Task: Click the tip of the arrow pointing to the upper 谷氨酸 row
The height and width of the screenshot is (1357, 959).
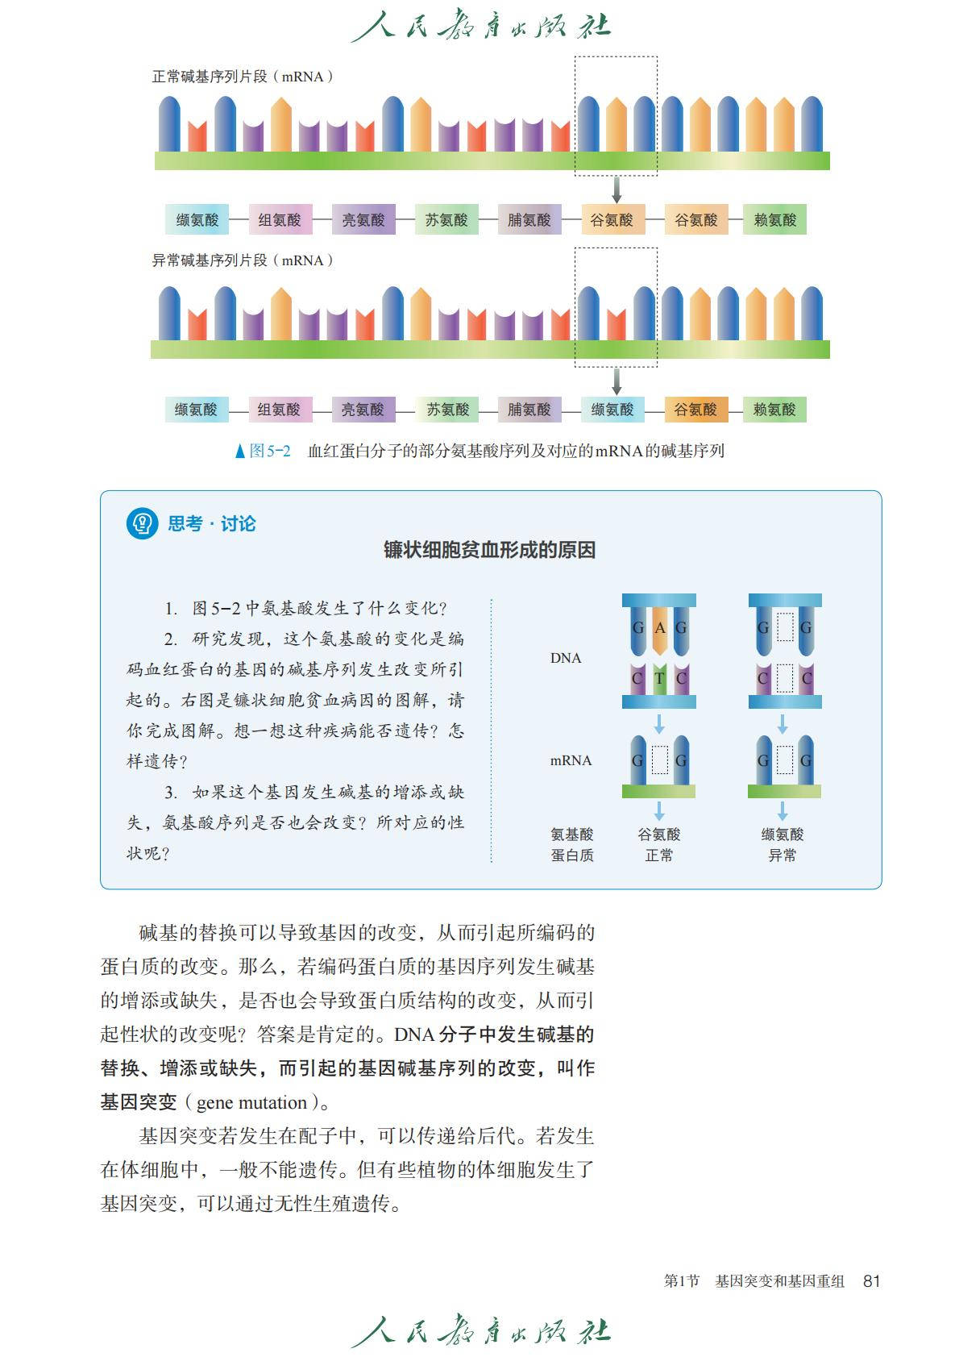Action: [616, 203]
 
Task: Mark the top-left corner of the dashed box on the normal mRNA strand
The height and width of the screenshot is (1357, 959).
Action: [575, 56]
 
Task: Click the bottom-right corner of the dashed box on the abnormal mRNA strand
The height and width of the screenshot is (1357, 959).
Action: [658, 367]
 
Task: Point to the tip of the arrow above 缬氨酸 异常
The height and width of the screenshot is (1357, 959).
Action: [783, 820]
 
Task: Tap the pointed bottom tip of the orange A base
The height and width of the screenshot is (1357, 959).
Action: [659, 656]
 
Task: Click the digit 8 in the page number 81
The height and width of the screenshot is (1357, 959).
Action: [868, 1280]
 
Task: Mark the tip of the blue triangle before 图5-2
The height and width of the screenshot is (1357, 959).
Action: [240, 443]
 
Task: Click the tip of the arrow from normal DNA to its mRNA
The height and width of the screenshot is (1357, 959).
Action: [659, 733]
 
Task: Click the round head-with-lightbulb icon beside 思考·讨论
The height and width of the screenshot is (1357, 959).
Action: [143, 523]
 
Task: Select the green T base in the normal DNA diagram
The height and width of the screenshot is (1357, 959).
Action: [659, 679]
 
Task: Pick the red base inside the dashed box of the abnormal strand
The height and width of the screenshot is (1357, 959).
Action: [616, 325]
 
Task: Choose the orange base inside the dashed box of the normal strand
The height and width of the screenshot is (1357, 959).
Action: [616, 124]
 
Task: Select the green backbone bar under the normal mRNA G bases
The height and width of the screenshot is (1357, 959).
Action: [658, 791]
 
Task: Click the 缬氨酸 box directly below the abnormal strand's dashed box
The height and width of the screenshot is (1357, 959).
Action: [612, 410]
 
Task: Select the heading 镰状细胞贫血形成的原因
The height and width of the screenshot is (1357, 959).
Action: [490, 550]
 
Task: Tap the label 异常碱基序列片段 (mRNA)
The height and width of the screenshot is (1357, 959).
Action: [243, 260]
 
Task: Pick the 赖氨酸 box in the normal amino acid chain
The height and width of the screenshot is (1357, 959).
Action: [775, 219]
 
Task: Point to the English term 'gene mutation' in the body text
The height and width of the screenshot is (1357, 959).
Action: [252, 1102]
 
